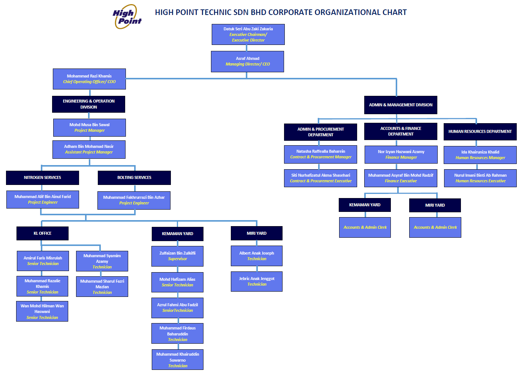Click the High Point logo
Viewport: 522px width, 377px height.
127,17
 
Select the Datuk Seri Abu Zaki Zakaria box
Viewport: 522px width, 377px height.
248,34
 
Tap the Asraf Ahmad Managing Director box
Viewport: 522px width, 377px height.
247,61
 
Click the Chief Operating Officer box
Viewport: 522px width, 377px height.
89,79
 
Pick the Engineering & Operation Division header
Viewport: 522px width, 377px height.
88,104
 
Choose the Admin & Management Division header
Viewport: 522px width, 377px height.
401,105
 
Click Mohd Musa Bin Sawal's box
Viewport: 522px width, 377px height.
90,128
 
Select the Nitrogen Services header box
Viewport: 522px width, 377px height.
42,177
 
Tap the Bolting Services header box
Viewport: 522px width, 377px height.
134,177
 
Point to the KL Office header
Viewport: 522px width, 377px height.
42,233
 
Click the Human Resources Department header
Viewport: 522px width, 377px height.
480,131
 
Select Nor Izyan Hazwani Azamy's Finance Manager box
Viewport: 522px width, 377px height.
401,155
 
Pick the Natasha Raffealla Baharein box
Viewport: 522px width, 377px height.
320,154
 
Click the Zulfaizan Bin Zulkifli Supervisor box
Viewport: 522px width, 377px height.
177,256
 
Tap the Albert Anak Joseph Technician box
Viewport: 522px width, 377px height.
257,256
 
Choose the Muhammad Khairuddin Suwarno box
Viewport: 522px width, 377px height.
177,360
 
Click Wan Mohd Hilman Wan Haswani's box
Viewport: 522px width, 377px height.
42,311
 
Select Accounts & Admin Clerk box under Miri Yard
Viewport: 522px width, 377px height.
435,227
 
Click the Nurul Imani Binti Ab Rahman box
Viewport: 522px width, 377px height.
480,178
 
